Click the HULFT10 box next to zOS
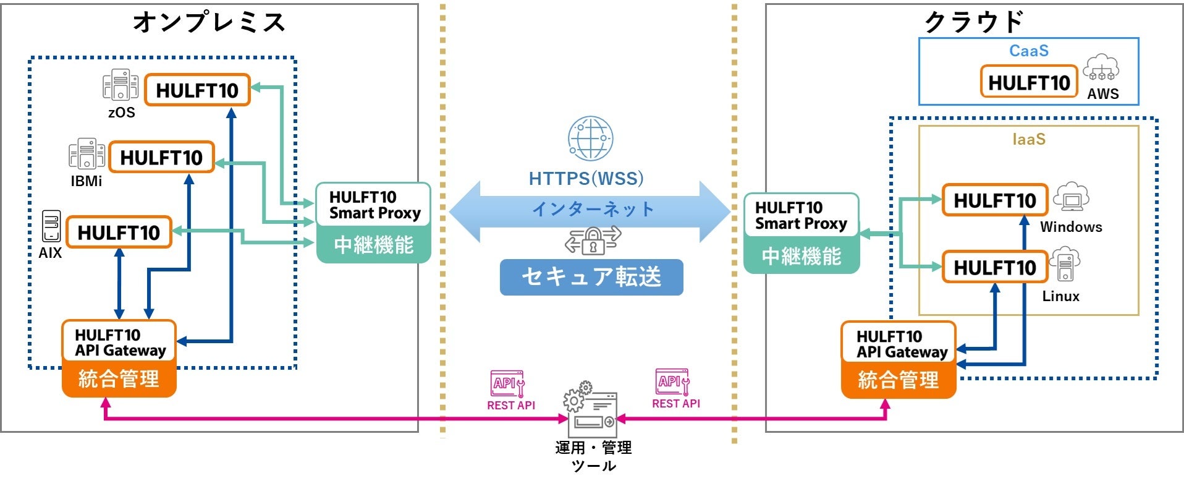[x=197, y=90]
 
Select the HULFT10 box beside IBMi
[x=161, y=157]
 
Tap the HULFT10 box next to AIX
[x=119, y=232]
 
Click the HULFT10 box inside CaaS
[x=1029, y=82]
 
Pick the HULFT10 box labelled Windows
[x=995, y=200]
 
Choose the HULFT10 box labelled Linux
[x=995, y=267]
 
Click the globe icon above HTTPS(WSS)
[x=590, y=139]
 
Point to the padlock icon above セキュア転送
[x=593, y=241]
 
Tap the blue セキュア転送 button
[x=591, y=277]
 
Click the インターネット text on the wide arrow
[x=593, y=209]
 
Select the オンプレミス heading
[x=209, y=22]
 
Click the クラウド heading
[x=974, y=22]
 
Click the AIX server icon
[x=51, y=226]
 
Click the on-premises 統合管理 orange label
[x=119, y=378]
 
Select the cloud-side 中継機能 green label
[x=801, y=255]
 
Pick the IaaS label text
[x=1029, y=139]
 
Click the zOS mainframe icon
[x=121, y=85]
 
